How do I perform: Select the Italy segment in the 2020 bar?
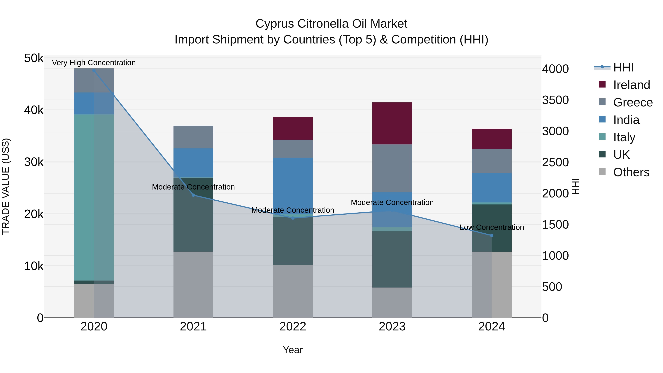pyautogui.click(x=94, y=197)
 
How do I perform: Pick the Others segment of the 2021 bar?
pyautogui.click(x=193, y=284)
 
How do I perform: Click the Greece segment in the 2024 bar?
pyautogui.click(x=491, y=161)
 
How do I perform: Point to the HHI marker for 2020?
pyautogui.click(x=94, y=71)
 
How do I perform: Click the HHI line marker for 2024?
pyautogui.click(x=491, y=235)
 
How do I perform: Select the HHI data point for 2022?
pyautogui.click(x=293, y=218)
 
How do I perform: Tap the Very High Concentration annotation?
pyautogui.click(x=94, y=63)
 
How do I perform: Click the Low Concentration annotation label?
pyautogui.click(x=492, y=227)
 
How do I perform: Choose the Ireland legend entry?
pyautogui.click(x=631, y=85)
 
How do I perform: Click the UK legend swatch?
pyautogui.click(x=602, y=155)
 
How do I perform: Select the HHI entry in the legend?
pyautogui.click(x=623, y=67)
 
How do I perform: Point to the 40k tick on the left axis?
pyautogui.click(x=34, y=110)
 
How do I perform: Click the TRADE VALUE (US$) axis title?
pyautogui.click(x=6, y=186)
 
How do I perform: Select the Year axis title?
pyautogui.click(x=293, y=350)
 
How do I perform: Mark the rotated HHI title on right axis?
pyautogui.click(x=576, y=186)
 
